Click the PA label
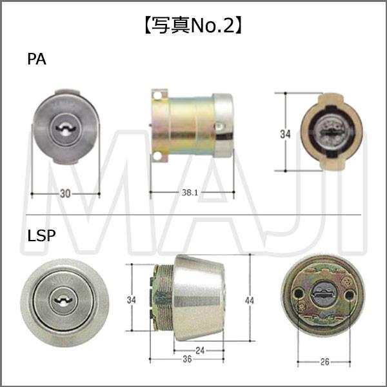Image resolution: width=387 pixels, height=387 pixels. coord(37,59)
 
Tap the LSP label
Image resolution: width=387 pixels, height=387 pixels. coord(41,235)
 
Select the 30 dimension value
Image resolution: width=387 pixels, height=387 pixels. coord(65,193)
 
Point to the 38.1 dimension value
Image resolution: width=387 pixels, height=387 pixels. coord(190,192)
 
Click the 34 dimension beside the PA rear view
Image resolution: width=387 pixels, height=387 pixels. coord(285,134)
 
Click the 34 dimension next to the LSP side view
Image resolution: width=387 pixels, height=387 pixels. coord(132,300)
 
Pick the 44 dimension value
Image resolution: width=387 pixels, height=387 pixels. coord(250,301)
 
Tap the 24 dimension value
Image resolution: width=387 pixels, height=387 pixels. coord(200,350)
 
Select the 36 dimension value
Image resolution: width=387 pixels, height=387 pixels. coord(187,359)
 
